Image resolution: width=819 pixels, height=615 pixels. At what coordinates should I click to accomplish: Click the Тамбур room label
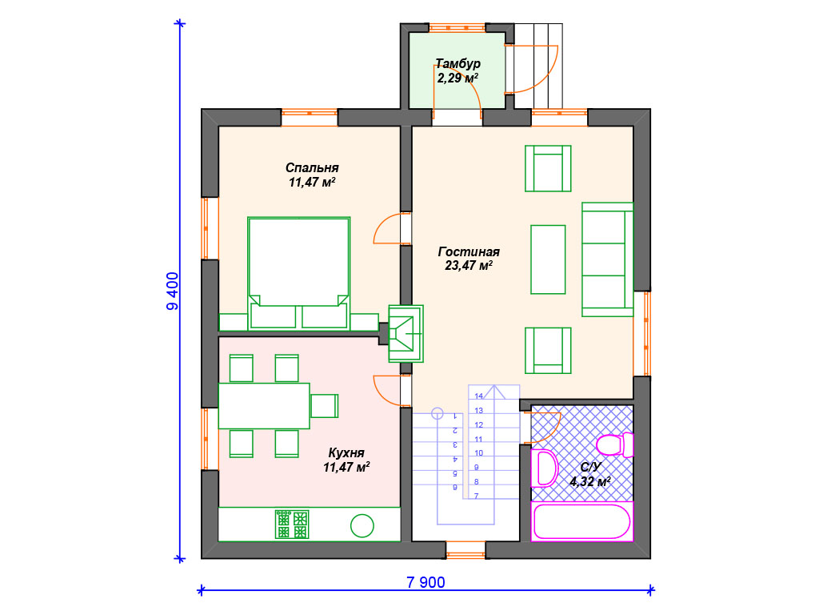pyautogui.click(x=457, y=64)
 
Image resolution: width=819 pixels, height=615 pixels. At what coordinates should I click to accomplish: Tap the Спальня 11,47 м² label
pyautogui.click(x=312, y=175)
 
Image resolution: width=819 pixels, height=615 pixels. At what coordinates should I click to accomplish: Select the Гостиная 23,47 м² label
pyautogui.click(x=469, y=259)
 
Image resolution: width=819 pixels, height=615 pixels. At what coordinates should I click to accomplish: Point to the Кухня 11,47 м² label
pyautogui.click(x=346, y=460)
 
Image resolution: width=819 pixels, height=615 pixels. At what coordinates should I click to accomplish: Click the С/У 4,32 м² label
pyautogui.click(x=590, y=474)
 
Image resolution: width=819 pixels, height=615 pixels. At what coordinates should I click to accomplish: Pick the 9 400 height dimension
pyautogui.click(x=173, y=291)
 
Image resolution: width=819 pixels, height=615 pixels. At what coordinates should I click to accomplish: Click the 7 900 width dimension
pyautogui.click(x=425, y=582)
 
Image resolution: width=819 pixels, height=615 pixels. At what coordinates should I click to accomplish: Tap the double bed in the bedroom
pyautogui.click(x=299, y=273)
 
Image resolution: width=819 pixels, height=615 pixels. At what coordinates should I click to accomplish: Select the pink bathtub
pyautogui.click(x=582, y=521)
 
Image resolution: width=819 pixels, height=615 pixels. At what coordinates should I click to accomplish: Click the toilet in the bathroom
pyautogui.click(x=615, y=445)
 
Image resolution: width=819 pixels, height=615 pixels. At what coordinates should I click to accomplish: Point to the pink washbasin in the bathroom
pyautogui.click(x=544, y=468)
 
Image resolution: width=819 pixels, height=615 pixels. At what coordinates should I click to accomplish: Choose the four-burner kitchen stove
pyautogui.click(x=292, y=525)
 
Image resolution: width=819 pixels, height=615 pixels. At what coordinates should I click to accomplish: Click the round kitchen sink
pyautogui.click(x=362, y=525)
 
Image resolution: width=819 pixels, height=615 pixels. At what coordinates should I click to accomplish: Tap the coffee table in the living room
pyautogui.click(x=548, y=259)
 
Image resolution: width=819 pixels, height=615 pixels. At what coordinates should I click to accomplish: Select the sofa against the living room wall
pyautogui.click(x=608, y=259)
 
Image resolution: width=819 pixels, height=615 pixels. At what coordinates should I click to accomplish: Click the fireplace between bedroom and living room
pyautogui.click(x=406, y=334)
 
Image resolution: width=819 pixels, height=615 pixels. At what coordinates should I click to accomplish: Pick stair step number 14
pyautogui.click(x=479, y=396)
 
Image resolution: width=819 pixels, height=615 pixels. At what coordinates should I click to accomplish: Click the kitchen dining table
pyautogui.click(x=264, y=406)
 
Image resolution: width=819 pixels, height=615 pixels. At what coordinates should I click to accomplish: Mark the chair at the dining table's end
pyautogui.click(x=325, y=406)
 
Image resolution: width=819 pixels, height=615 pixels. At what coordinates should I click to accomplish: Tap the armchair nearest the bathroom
pyautogui.click(x=548, y=351)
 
